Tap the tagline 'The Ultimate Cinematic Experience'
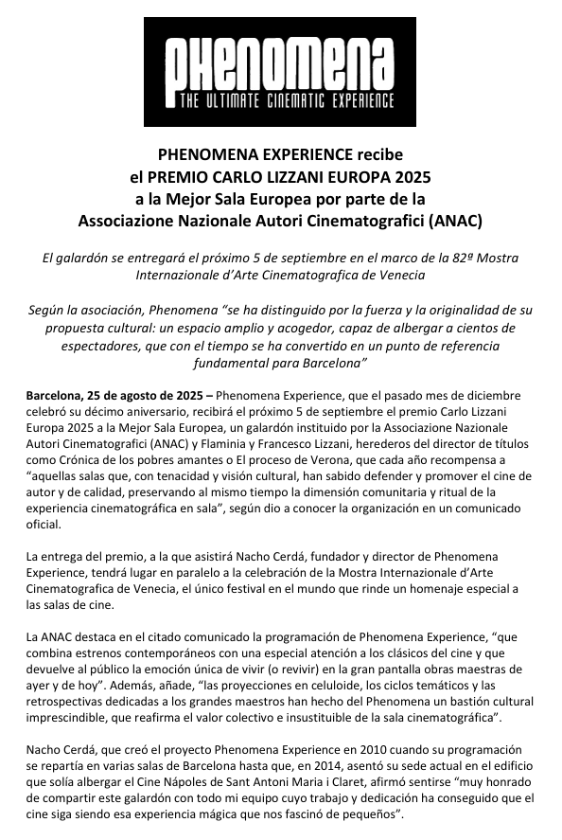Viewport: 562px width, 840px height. point(280,99)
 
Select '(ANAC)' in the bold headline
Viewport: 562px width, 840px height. point(454,222)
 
